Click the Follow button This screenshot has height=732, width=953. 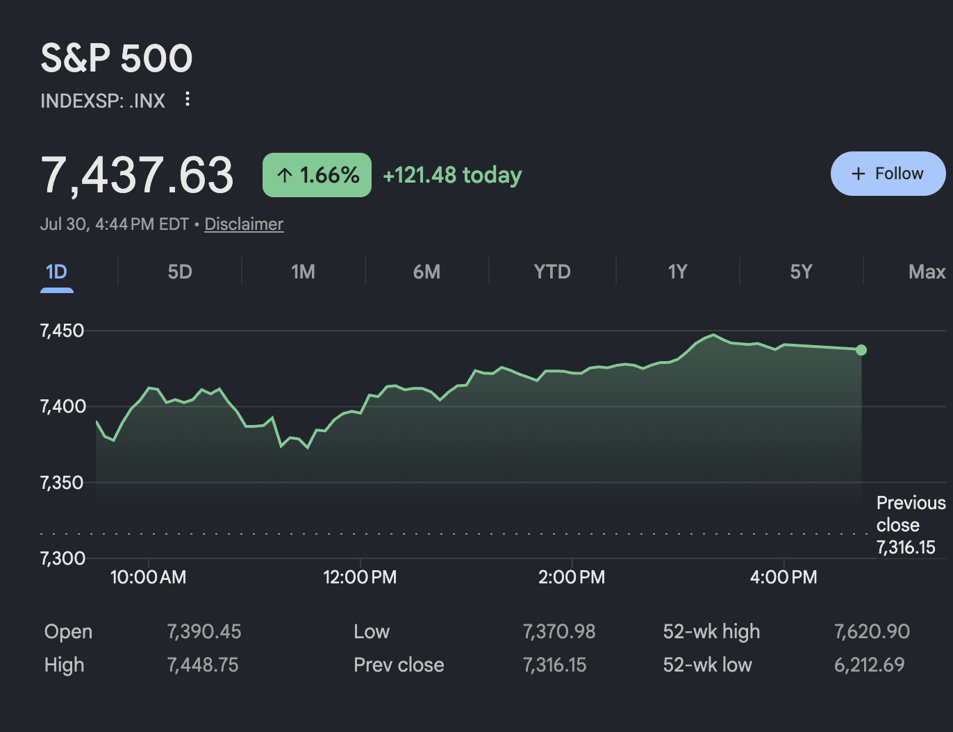[x=888, y=174]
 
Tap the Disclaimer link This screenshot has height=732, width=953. [x=244, y=224]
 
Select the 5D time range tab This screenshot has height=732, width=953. [x=180, y=272]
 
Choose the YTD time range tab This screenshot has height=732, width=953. [x=552, y=272]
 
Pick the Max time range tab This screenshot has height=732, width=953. [x=927, y=272]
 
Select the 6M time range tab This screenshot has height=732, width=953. [x=426, y=272]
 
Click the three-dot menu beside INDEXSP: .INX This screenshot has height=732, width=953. [x=188, y=99]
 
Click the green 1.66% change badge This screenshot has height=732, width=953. [x=317, y=175]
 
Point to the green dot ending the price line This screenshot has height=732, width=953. [x=861, y=350]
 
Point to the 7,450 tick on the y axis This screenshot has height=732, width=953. [x=61, y=331]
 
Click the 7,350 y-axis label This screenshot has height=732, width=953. [x=61, y=483]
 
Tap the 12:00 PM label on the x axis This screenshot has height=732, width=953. [x=360, y=577]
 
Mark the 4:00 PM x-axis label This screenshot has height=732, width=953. [x=784, y=577]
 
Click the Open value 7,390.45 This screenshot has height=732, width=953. [x=204, y=631]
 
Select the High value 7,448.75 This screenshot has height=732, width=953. [x=203, y=665]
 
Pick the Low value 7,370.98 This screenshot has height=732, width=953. [x=559, y=631]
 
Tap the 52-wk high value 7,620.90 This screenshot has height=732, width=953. [x=872, y=631]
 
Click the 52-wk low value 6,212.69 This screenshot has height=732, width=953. [x=869, y=665]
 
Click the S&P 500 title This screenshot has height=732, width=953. [x=117, y=58]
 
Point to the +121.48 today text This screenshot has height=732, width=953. [x=453, y=175]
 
